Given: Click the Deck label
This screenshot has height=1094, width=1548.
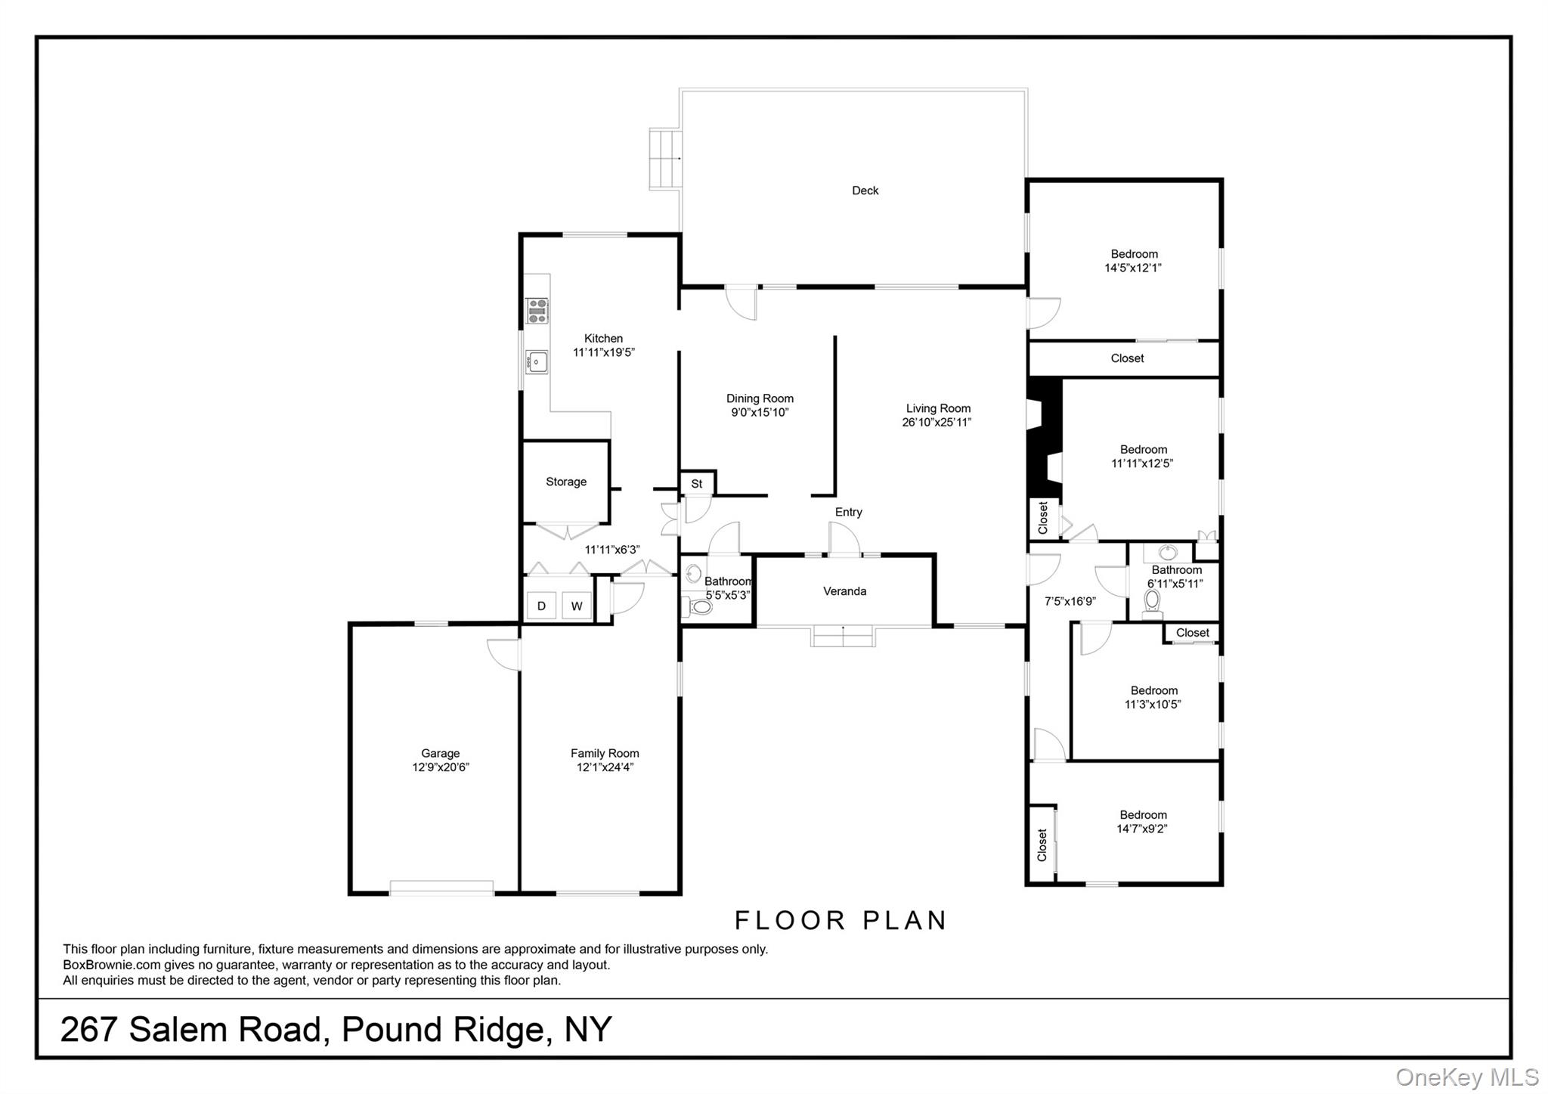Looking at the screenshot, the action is coord(865,191).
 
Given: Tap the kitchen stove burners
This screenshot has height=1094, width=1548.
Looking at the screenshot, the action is coord(537,311).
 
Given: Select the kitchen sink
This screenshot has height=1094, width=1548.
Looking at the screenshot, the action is coord(537,362).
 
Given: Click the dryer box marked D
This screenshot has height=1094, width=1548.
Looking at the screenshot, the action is coord(541,606).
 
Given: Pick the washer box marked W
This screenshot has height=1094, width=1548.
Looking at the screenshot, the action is coord(577,606).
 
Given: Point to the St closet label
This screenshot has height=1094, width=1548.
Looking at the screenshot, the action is coord(697,484).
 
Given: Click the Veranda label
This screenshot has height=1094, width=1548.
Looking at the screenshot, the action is coord(844,591).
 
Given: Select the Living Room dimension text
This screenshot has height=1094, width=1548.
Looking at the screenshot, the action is coord(937,423).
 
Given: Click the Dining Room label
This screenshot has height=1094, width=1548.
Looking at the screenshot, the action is coord(760,398).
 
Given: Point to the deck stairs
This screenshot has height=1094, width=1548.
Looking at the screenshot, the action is coord(665,159).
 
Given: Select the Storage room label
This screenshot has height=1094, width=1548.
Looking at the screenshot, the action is coord(566,482).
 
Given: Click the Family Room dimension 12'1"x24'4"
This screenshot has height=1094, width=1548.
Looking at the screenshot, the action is coord(605,767).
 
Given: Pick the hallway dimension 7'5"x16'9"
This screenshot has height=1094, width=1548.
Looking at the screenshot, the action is coord(1070,602).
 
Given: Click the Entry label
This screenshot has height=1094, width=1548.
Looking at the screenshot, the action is coord(848,513).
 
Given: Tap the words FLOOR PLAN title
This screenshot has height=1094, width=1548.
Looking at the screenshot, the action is coord(841,920).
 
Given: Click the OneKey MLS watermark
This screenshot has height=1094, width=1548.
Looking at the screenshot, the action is coord(1466,1077).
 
